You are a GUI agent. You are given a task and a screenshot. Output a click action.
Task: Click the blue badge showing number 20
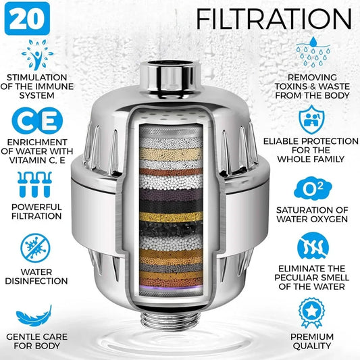point(27,19)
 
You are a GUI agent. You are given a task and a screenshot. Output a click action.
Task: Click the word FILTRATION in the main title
point(274,19)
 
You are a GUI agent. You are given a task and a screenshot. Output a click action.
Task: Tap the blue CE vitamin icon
point(37,121)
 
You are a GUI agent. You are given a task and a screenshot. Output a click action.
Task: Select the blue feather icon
point(34,315)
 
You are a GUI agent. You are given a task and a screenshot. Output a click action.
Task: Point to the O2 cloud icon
point(313,188)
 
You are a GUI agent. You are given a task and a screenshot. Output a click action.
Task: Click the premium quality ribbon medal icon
point(312,313)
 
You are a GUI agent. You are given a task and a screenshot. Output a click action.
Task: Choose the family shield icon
point(311,120)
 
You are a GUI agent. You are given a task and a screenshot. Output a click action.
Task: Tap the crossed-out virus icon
point(35,248)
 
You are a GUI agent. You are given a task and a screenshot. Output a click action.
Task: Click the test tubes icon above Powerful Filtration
point(34,184)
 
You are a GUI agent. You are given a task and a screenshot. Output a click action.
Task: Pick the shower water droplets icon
point(313,52)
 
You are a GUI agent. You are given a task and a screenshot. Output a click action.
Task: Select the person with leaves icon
point(37,55)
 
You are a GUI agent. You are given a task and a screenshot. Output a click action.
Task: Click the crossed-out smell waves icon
point(313,247)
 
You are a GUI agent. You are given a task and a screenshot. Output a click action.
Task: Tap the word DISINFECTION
point(36,281)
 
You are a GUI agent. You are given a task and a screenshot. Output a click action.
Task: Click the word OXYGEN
point(328,219)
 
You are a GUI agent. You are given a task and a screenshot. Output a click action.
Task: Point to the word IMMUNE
point(54,86)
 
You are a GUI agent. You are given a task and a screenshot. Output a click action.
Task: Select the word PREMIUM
point(312,337)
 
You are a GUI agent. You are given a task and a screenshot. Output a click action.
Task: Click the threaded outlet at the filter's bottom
point(170,319)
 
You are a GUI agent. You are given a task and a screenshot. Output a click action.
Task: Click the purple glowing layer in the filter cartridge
point(171,287)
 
